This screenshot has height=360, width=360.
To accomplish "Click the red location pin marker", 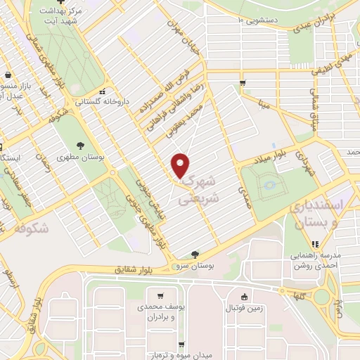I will point(181,165).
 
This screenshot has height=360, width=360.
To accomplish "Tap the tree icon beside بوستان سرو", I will point(195,254).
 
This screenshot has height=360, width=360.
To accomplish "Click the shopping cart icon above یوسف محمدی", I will point(162,296).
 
